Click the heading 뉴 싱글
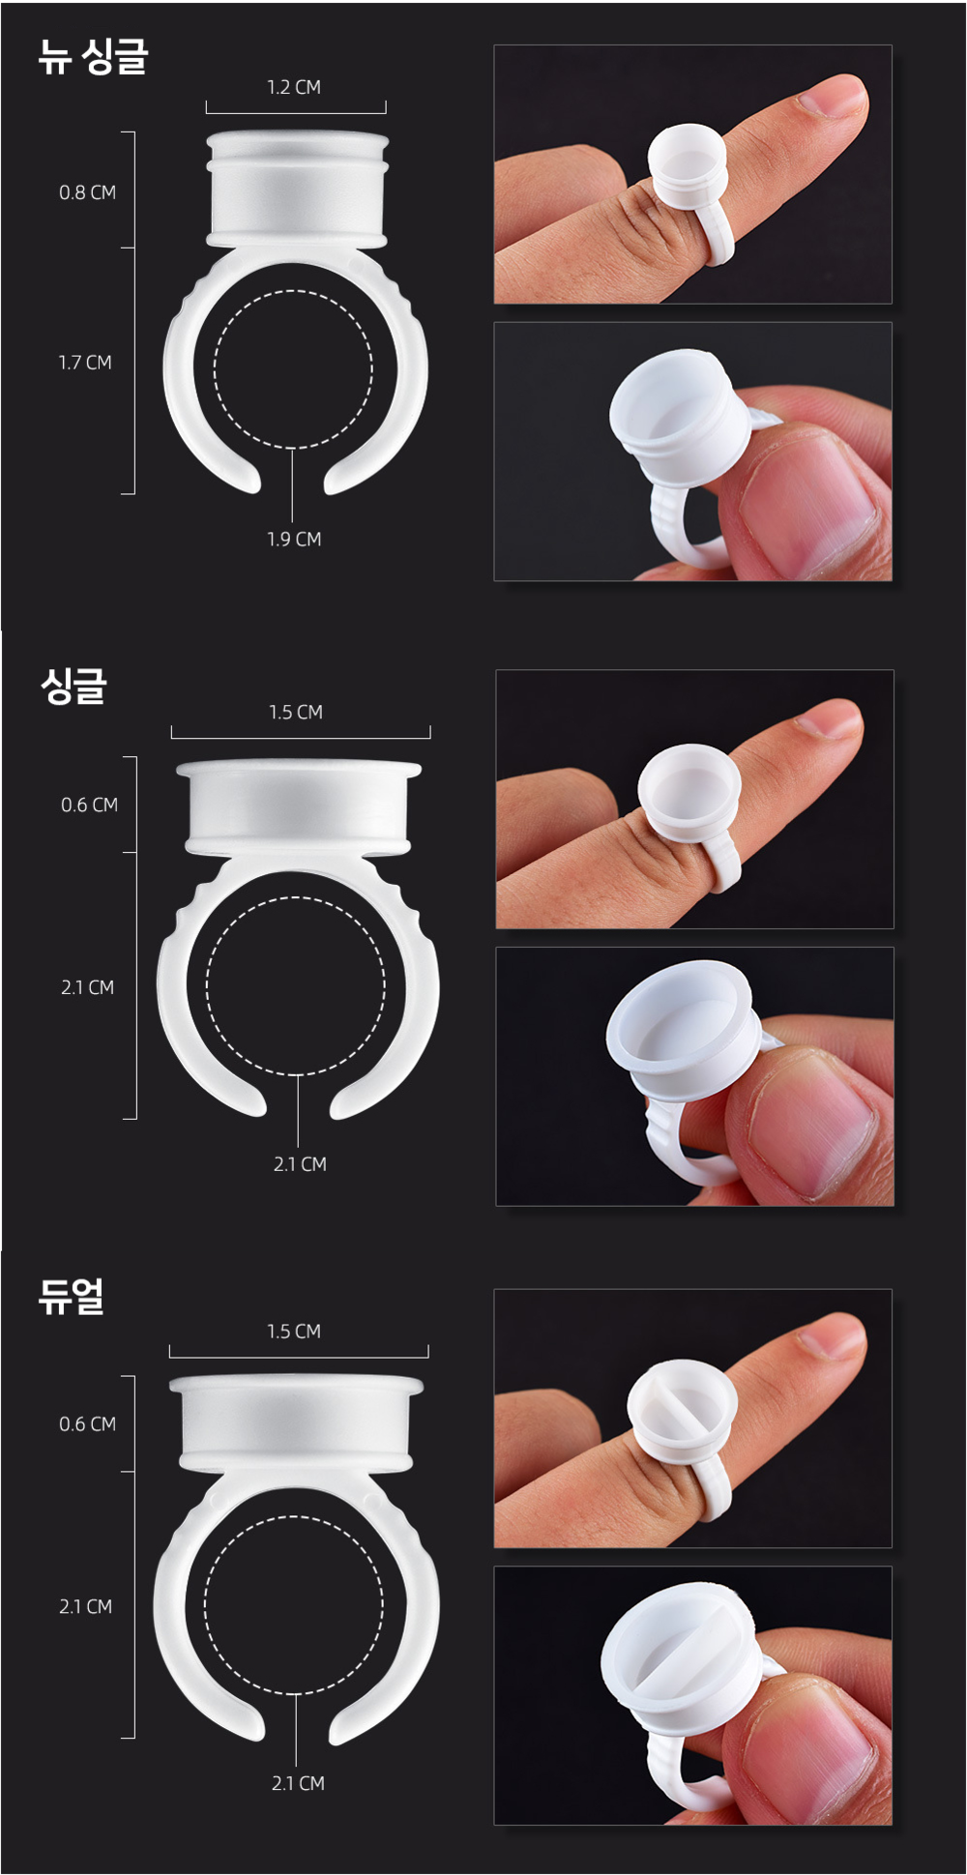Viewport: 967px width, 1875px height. click(93, 57)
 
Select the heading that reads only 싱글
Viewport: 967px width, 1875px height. click(73, 686)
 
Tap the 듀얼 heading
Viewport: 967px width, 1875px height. click(71, 1296)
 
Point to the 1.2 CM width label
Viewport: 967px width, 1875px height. click(294, 87)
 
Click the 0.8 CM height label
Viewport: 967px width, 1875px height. click(87, 192)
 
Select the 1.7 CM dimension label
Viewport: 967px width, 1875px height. click(85, 363)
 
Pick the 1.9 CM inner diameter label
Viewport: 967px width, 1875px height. click(294, 539)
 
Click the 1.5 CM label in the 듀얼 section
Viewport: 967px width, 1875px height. click(294, 1332)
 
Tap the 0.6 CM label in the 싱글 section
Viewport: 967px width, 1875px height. click(89, 805)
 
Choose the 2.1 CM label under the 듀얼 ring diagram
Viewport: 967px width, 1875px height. click(298, 1783)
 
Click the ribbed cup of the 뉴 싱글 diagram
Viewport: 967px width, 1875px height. click(297, 189)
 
